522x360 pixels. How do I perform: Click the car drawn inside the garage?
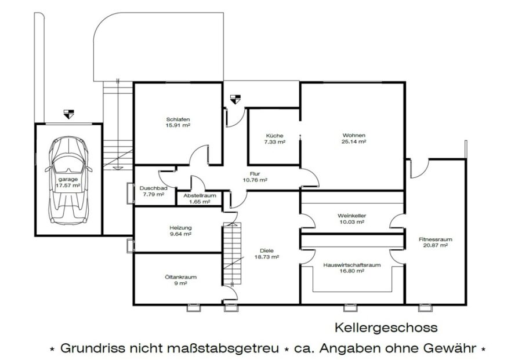[x=68, y=180]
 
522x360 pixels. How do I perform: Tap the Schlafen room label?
[x=178, y=119]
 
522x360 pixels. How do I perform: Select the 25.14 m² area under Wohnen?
[x=354, y=141]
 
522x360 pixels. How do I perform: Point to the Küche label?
[x=275, y=136]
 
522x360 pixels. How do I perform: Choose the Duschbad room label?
[x=153, y=188]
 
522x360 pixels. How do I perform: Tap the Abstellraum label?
[x=200, y=195]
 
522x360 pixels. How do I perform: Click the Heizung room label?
[x=180, y=228]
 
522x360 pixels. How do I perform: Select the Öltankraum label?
[x=181, y=277]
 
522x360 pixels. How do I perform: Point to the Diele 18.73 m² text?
[x=267, y=254]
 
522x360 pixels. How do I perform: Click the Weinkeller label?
[x=351, y=216]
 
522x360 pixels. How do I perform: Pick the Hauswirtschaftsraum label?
[x=352, y=265]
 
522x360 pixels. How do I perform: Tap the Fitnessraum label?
[x=436, y=239]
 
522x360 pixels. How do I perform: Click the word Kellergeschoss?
[x=386, y=328]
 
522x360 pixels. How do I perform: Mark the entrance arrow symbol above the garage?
[x=69, y=114]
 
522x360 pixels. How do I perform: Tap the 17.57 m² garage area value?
[x=68, y=186]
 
